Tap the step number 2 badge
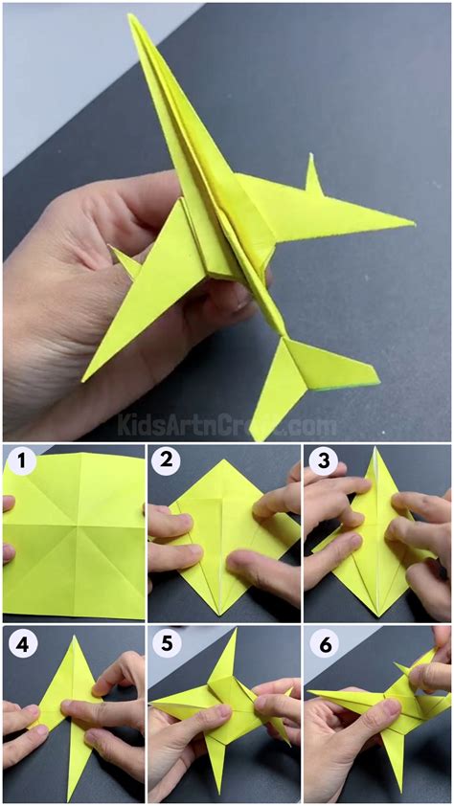click(x=167, y=463)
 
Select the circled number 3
click(x=323, y=463)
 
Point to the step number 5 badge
click(x=167, y=643)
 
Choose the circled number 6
click(x=323, y=643)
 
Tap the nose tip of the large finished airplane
click(x=132, y=17)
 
